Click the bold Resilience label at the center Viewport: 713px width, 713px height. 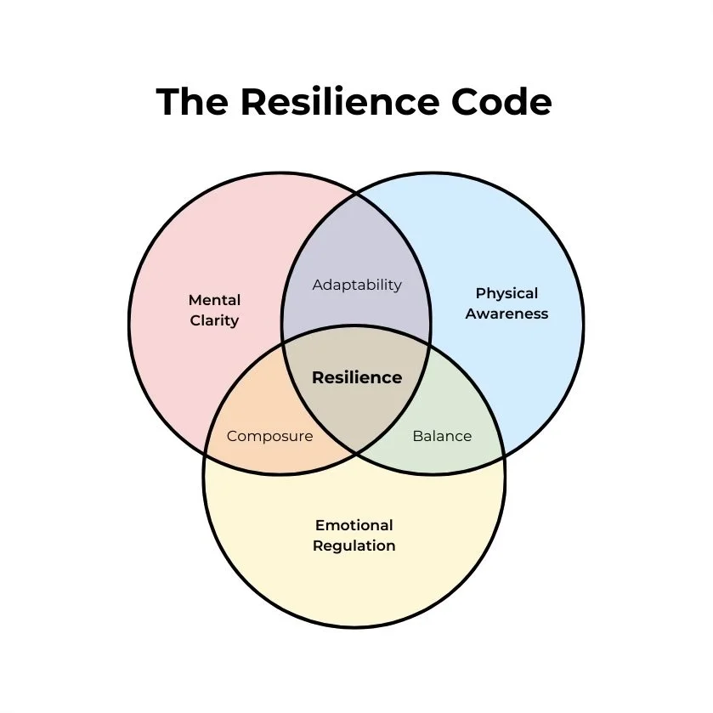coord(357,377)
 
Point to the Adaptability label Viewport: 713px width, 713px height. coord(357,285)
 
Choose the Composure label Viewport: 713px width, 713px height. coord(269,436)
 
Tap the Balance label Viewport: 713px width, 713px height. coord(442,436)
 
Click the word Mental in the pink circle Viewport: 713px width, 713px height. coord(214,300)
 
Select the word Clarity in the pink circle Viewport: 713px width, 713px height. coord(214,320)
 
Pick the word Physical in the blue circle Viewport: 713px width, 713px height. coord(506,293)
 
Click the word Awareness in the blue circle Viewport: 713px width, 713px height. coord(506,314)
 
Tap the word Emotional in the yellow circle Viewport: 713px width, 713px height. coord(354,525)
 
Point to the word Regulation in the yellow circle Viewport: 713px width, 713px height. coord(354,546)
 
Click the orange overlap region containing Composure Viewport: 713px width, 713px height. coord(255,416)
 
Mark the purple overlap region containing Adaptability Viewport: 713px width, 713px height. coord(357,255)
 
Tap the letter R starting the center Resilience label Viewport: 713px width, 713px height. coord(318,377)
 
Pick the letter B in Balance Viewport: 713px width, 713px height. coord(417,436)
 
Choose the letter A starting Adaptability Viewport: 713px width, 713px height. coord(318,285)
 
